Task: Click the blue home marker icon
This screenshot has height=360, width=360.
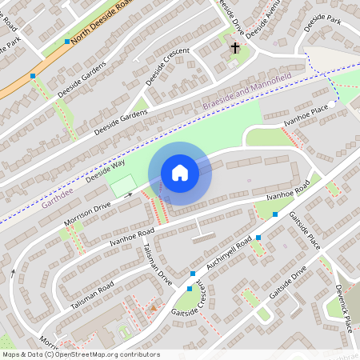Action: point(180,173)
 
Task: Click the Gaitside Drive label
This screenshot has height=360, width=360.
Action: point(288,283)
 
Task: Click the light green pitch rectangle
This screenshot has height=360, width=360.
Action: point(122,186)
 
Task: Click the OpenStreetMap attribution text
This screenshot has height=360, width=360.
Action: point(80,354)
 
